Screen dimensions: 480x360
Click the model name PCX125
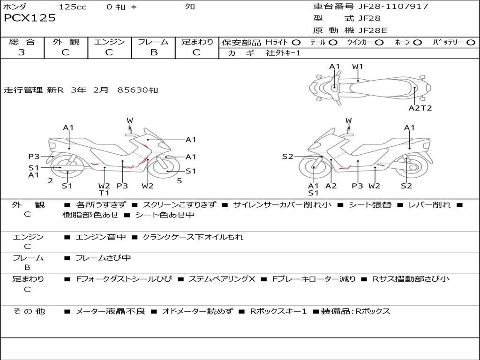30,18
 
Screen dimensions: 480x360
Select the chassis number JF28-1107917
393,6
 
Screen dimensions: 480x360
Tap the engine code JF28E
373,30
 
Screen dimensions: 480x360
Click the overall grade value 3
22,52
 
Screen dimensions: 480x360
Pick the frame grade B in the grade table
154,52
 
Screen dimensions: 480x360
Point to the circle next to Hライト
296,43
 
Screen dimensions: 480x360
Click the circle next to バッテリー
471,43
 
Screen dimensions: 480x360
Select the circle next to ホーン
417,43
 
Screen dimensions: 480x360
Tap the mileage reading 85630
133,90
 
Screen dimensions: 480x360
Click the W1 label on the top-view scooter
357,67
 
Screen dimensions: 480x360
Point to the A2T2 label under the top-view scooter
420,108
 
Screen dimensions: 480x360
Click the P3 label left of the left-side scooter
34,157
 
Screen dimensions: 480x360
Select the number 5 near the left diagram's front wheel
180,181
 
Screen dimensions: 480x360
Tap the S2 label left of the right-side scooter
287,157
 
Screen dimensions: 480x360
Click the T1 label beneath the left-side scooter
104,193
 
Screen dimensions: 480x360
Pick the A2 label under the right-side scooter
331,186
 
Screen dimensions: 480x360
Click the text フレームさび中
103,258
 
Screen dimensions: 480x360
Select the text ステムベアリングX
222,279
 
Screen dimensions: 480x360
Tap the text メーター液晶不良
110,311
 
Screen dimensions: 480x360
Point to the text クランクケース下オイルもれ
193,237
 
